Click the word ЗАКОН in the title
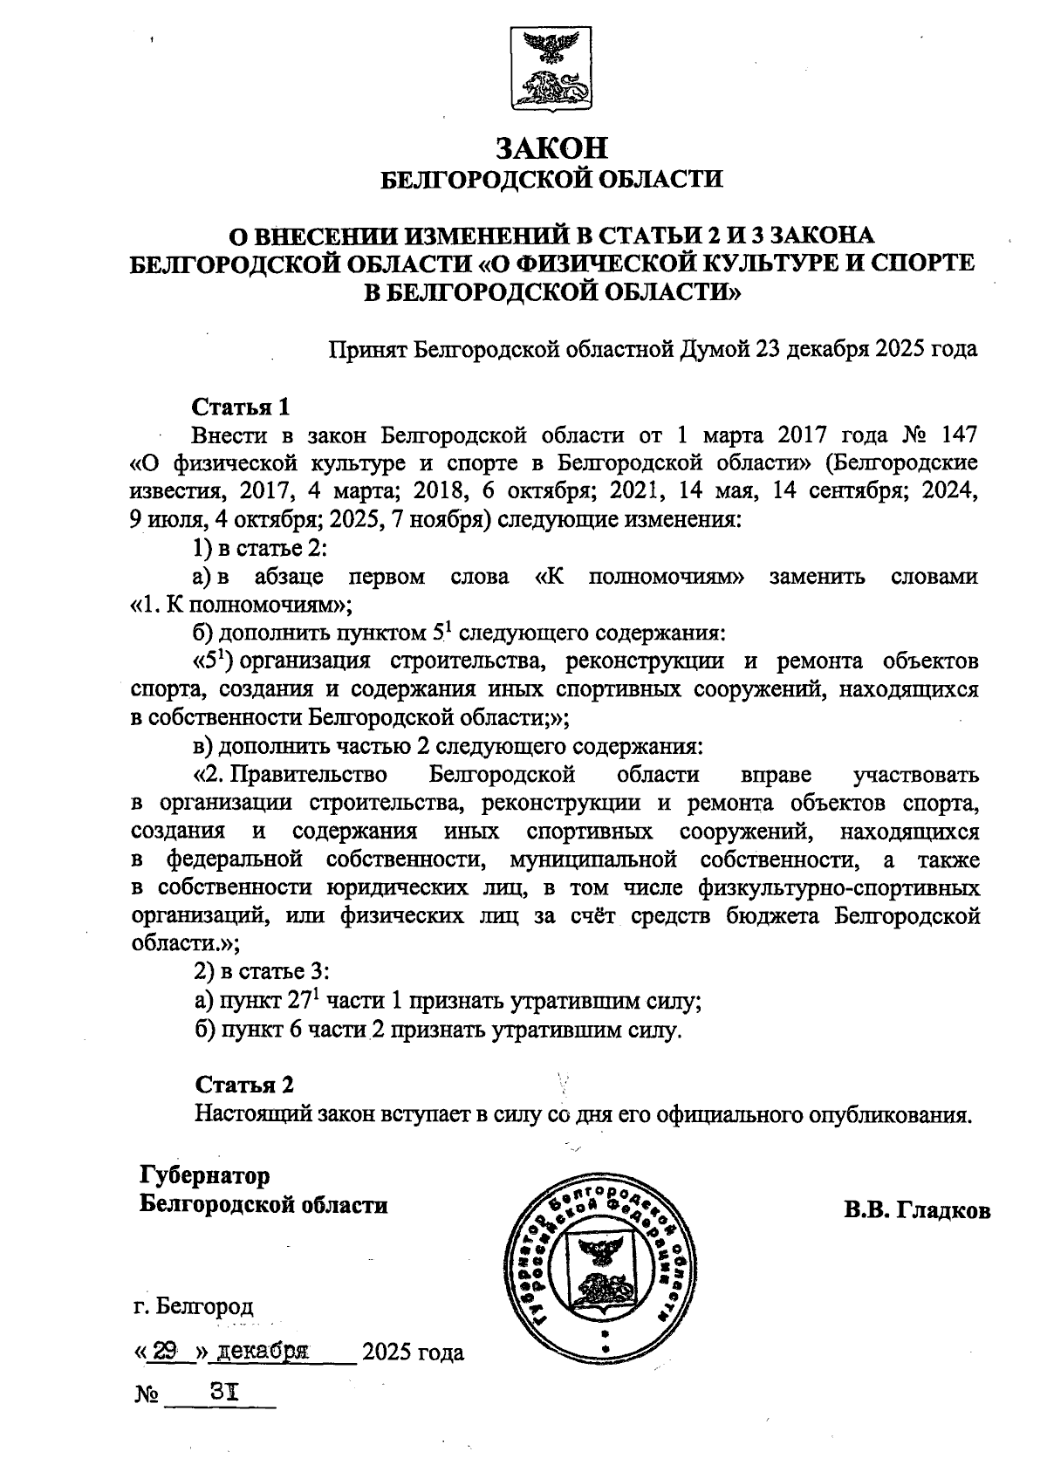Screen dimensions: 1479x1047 click(x=551, y=147)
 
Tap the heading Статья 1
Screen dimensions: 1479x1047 click(x=240, y=407)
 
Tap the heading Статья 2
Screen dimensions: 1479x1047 click(x=244, y=1085)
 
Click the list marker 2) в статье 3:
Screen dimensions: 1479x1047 click(x=261, y=972)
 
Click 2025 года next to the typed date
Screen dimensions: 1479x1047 click(x=413, y=1353)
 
